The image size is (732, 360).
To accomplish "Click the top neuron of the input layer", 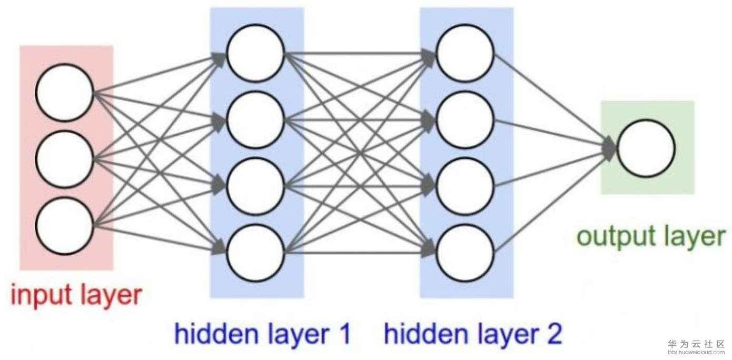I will tap(64, 92).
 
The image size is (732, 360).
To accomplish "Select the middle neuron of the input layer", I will tap(64, 158).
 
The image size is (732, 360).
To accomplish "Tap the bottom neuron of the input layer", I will tap(64, 225).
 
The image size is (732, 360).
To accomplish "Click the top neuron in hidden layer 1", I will tap(256, 53).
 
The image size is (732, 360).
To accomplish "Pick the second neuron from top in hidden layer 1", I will tap(256, 119).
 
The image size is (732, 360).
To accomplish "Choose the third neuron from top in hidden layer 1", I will tap(256, 186).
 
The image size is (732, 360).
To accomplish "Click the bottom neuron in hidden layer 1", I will tap(256, 252).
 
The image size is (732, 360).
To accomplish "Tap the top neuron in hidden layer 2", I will tap(465, 53).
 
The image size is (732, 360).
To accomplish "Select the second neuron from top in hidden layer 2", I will tap(465, 119).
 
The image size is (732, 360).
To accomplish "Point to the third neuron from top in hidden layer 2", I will tap(465, 186).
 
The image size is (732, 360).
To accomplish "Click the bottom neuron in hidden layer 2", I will tap(465, 252).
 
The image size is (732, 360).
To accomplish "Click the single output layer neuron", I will tap(646, 148).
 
